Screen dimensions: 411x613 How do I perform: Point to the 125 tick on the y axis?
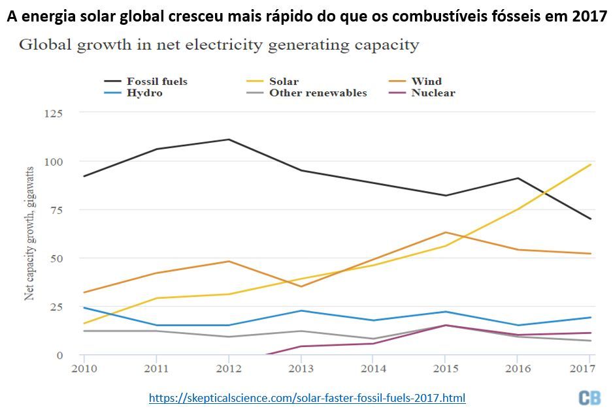(54, 113)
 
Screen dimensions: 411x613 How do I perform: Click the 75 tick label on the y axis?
(57, 209)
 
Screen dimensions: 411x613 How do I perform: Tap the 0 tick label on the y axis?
(59, 355)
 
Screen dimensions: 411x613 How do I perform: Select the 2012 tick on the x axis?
(229, 369)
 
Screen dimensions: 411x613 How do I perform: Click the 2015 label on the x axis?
(444, 369)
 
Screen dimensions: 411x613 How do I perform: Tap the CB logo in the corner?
(589, 397)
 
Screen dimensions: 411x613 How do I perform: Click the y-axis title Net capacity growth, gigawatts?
(29, 234)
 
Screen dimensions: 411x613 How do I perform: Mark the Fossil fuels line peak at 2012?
(229, 139)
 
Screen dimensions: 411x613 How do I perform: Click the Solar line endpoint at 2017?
(591, 164)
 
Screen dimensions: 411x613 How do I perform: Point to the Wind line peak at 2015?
(445, 232)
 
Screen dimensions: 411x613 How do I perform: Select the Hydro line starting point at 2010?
(84, 307)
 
